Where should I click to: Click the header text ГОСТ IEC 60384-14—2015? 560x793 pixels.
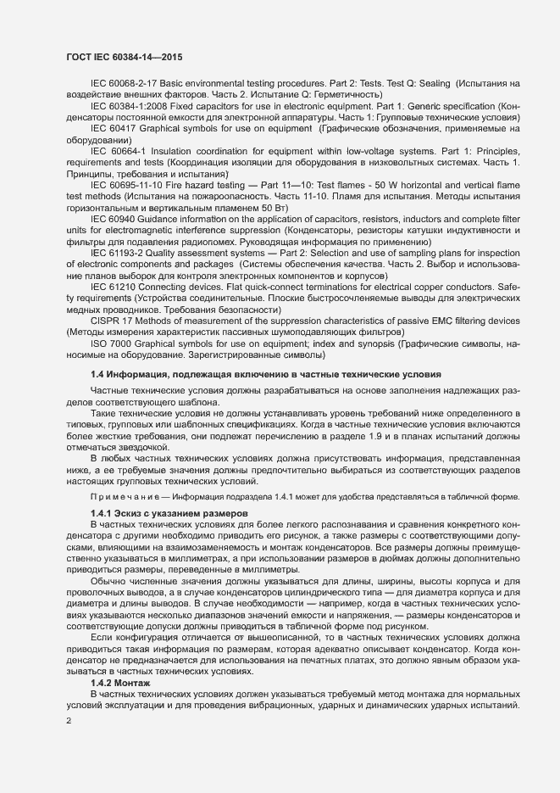(124, 57)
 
